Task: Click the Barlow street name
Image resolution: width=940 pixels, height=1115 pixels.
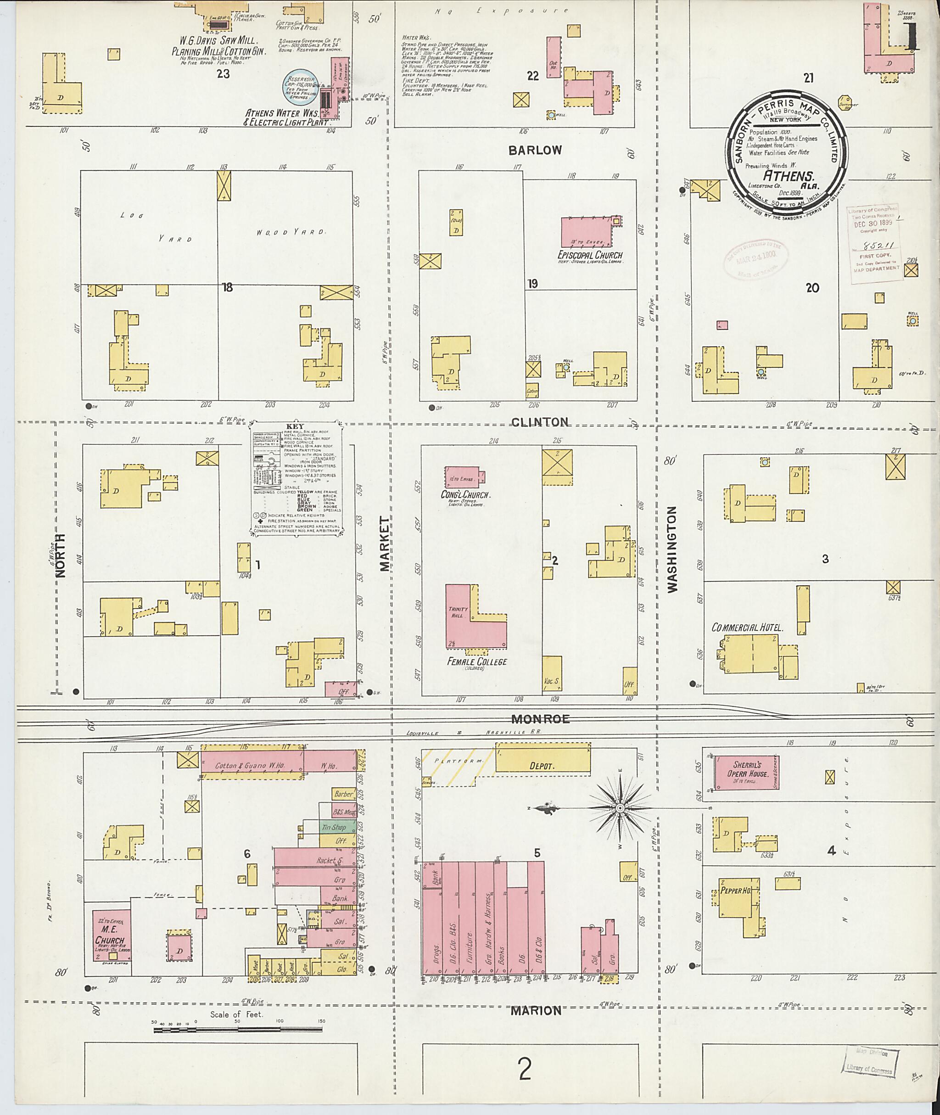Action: point(535,150)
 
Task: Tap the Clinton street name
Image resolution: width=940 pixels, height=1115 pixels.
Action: point(540,422)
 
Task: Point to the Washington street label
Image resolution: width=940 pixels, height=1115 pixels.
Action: point(671,549)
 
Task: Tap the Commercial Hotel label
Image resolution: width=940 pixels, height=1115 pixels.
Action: point(747,628)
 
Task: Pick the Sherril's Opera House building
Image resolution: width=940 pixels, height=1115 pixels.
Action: point(746,772)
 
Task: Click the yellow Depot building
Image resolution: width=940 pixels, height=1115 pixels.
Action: point(543,765)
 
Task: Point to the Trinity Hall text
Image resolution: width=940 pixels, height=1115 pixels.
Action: point(458,612)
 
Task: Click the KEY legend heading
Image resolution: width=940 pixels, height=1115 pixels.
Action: point(295,427)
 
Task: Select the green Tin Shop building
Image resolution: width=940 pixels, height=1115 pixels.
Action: point(338,827)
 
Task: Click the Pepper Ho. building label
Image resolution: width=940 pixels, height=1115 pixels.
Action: point(736,890)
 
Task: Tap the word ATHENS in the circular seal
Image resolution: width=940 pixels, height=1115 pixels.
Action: point(788,176)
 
